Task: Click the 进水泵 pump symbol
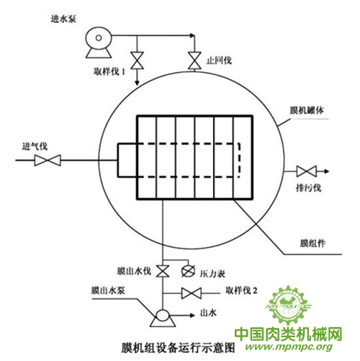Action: click(x=99, y=43)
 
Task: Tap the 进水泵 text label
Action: click(x=63, y=19)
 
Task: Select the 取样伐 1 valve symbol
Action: click(x=137, y=61)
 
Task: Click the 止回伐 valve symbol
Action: click(x=194, y=61)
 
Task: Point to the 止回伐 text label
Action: click(x=219, y=61)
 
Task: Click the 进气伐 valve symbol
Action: click(x=48, y=160)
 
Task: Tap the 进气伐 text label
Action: click(x=35, y=146)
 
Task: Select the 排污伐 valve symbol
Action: click(x=307, y=171)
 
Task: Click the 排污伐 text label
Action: click(x=308, y=187)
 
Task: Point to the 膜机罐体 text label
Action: click(x=307, y=110)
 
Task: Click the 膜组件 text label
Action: click(x=312, y=243)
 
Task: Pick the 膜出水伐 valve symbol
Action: click(x=163, y=271)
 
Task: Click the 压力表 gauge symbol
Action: click(x=188, y=271)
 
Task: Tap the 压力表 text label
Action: click(x=212, y=273)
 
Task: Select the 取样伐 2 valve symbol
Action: click(x=192, y=293)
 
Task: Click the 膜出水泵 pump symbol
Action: click(x=163, y=318)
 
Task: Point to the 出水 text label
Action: click(x=208, y=313)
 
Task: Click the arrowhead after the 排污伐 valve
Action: click(x=327, y=171)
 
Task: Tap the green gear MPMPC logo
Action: click(x=288, y=305)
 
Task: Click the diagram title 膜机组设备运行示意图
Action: click(x=178, y=347)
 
